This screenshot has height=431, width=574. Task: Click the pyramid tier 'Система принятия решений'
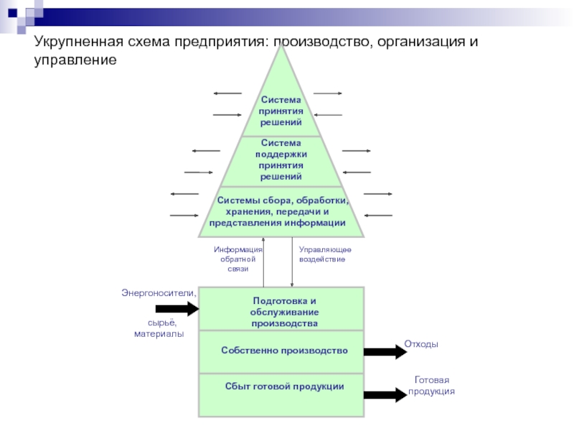coord(281,111)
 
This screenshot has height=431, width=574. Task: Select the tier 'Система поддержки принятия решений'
coord(281,160)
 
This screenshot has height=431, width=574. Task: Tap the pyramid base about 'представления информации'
coord(281,212)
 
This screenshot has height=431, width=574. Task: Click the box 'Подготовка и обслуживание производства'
coord(281,311)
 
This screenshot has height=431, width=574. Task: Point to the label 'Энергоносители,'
coord(158,292)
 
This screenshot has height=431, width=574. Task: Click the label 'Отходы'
coord(421,345)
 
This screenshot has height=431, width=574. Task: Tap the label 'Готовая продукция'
coord(431,386)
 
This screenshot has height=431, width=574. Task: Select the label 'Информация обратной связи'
coord(238,259)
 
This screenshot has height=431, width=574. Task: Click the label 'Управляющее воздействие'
coord(325,254)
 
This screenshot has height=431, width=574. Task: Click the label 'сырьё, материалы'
coord(159,328)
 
